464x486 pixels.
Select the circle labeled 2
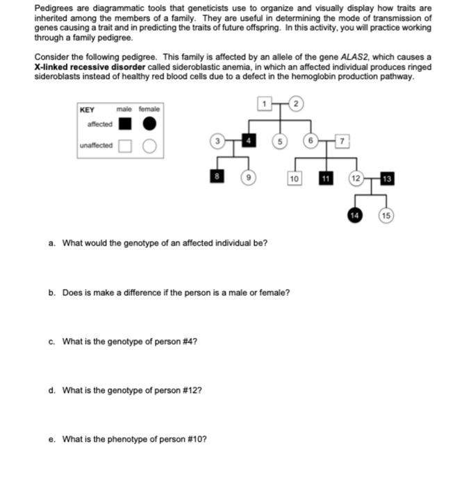295,104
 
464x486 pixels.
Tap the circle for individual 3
217,142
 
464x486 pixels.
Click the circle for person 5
281,142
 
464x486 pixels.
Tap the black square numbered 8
217,178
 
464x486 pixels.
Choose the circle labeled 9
247,178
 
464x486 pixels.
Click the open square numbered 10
294,178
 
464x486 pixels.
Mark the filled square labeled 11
324,178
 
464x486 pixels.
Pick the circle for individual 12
356,178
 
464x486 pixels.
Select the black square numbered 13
387,178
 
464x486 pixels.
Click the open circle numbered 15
387,215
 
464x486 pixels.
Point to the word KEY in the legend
87,110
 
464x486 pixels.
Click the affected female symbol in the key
149,124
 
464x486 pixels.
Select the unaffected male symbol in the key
124,146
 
